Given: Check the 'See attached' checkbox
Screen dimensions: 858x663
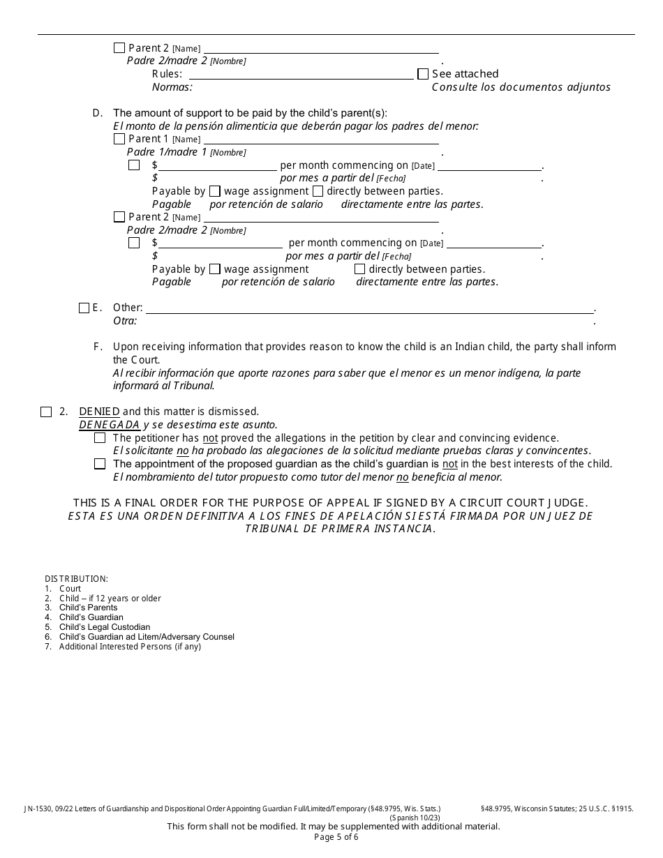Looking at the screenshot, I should (423, 74).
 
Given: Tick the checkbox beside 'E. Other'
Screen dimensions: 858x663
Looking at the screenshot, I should (84, 308).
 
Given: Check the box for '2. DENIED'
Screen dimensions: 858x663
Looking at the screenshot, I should (46, 412).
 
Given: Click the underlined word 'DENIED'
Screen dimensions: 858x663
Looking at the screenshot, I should (99, 412).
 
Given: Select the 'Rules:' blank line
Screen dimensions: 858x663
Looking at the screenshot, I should (307, 74).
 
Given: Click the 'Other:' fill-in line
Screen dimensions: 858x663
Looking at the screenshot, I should (369, 308).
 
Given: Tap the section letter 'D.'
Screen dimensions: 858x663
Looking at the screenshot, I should (98, 113).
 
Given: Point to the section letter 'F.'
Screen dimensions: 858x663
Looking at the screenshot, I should (98, 347).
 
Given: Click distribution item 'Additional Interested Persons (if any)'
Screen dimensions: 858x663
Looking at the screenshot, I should (130, 647).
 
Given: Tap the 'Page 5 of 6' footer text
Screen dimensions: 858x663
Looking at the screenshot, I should (336, 837).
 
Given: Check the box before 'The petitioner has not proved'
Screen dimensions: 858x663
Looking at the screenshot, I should (100, 438).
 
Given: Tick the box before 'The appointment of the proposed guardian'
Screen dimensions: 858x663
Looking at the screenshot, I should (100, 464).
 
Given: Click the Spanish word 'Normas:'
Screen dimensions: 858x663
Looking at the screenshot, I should (172, 87).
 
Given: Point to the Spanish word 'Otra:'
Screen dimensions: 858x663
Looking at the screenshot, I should (125, 321).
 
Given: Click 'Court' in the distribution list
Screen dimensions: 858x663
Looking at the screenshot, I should (70, 589).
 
